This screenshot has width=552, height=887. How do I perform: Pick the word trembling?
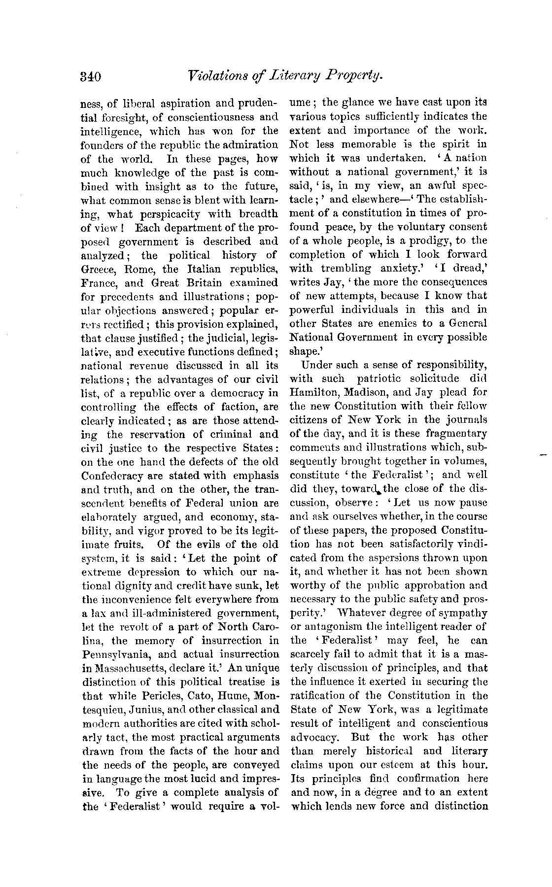pyautogui.click(x=346, y=269)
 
